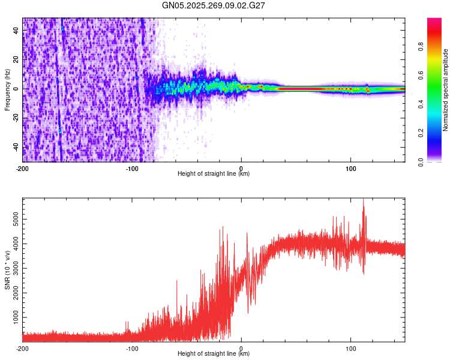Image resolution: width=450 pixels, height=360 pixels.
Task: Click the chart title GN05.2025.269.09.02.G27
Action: coord(214,5)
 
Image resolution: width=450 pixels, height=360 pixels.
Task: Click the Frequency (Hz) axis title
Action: coord(7,89)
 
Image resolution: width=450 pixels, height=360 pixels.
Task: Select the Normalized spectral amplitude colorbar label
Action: coord(446,90)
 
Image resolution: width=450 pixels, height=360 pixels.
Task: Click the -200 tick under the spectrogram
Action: coord(23,167)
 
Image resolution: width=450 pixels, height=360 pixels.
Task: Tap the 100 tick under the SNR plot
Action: coord(350,348)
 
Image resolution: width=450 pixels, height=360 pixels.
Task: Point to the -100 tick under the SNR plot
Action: coord(132,348)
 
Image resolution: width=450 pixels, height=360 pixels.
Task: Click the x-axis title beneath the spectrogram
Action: coord(214,174)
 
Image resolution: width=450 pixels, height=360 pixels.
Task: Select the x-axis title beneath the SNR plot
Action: coord(214,354)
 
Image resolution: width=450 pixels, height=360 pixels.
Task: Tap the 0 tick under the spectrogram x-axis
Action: coord(241,167)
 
